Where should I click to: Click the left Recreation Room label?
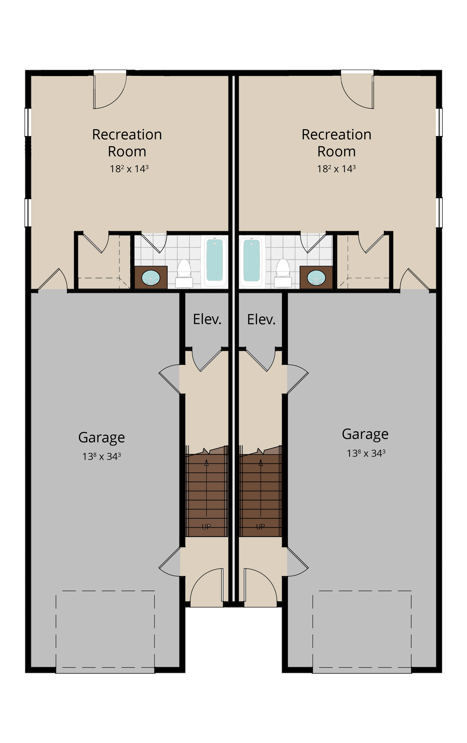127,143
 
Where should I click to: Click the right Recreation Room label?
336,143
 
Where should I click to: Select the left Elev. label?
207,319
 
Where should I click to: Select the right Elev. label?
261,319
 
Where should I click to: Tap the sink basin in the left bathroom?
151,278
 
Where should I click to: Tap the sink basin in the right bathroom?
316,278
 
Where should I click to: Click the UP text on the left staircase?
206,527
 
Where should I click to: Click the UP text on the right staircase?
261,527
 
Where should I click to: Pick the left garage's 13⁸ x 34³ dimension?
102,456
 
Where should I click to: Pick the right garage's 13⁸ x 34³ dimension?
366,453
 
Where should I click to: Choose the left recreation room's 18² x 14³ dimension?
129,169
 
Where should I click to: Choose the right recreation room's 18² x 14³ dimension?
336,169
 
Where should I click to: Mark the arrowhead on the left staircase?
206,462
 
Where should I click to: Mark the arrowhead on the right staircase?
261,462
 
